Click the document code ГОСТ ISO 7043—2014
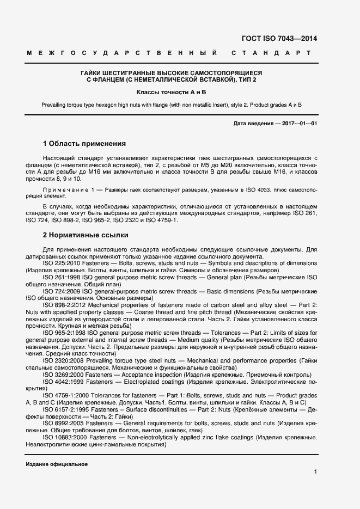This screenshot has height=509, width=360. click(x=278, y=39)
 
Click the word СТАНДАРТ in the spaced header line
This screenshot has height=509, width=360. click(x=271, y=53)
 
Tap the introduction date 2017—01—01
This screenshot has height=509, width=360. click(x=298, y=124)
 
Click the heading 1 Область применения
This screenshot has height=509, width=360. click(x=84, y=144)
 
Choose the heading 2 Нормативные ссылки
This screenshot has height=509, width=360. click(x=86, y=235)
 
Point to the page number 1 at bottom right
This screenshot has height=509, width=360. click(x=315, y=472)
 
